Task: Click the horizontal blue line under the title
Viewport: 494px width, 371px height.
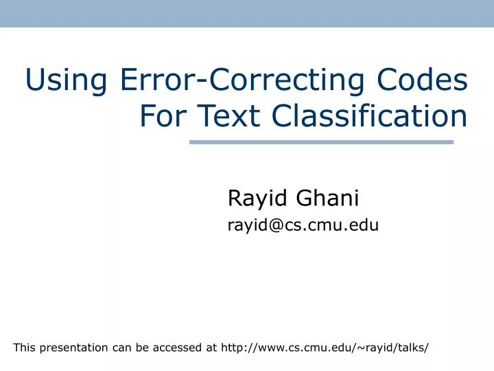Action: coord(321,142)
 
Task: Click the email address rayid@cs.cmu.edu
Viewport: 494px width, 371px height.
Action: coord(303,224)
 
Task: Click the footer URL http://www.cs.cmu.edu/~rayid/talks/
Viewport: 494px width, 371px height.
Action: coord(325,348)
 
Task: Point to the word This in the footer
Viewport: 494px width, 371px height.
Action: coord(24,348)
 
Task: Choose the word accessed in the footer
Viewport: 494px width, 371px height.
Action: coord(176,348)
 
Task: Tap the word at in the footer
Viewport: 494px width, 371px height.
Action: coord(211,348)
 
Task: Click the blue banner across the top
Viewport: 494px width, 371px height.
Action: coord(247,13)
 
